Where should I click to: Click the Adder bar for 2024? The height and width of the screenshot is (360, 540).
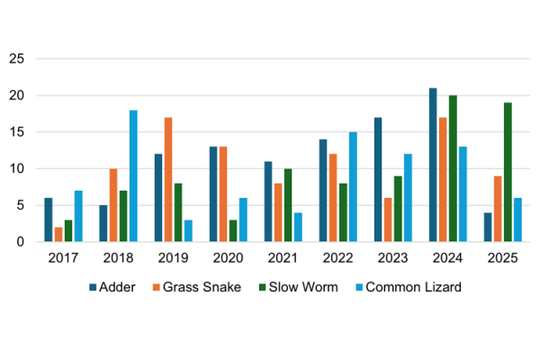(433, 165)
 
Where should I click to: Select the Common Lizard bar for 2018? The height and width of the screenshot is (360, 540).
(133, 175)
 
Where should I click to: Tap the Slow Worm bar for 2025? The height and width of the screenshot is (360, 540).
(508, 172)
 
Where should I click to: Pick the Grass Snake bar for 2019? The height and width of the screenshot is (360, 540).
(168, 179)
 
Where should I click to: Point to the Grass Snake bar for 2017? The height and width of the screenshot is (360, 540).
(58, 234)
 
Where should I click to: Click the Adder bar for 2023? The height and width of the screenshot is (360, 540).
(378, 179)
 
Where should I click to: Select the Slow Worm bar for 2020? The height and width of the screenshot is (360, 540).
(233, 230)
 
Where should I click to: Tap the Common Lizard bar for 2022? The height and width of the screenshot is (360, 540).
(353, 186)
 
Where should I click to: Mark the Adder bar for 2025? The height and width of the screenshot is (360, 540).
(488, 227)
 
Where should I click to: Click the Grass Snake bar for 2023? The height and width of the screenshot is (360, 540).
(388, 220)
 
